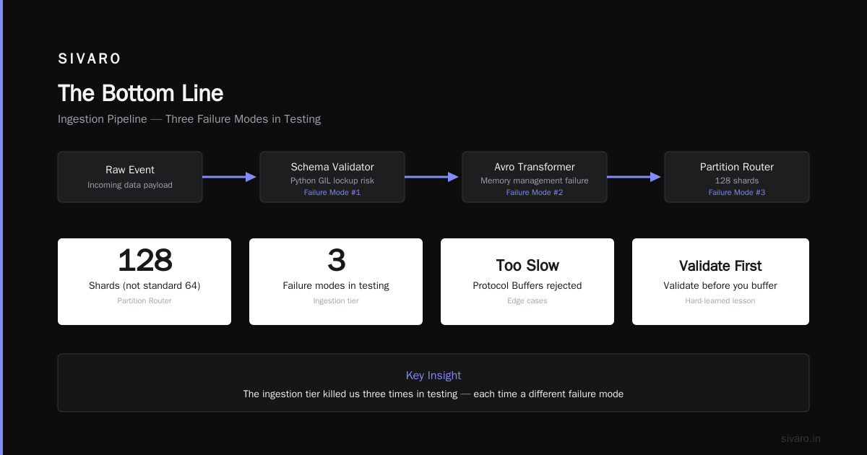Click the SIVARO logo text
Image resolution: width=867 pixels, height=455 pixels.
[x=89, y=58]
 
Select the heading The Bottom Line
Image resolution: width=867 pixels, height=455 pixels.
[x=140, y=93]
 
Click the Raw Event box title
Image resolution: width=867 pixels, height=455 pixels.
[x=130, y=170]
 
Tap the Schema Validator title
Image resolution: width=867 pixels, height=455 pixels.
[x=332, y=167]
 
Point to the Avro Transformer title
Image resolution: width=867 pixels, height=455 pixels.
[x=535, y=167]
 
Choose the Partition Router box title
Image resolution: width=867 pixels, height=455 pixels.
[x=736, y=167]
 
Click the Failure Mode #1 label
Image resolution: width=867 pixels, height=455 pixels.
[x=332, y=192]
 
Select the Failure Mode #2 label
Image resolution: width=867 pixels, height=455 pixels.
[x=535, y=192]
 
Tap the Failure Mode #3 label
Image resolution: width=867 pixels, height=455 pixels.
[x=736, y=192]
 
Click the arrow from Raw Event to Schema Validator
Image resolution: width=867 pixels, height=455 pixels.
[x=230, y=177]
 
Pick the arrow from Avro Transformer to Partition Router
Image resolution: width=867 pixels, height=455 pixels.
[x=634, y=177]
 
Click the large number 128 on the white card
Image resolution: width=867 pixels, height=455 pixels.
[x=144, y=260]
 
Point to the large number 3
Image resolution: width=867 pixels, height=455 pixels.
[x=336, y=260]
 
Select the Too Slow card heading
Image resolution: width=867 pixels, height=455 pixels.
[x=527, y=266]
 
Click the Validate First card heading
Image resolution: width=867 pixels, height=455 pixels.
[x=720, y=266]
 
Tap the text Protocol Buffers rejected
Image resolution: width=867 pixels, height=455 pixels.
[x=527, y=285]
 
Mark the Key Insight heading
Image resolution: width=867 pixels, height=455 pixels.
[x=433, y=376]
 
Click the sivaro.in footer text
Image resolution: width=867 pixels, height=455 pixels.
[x=801, y=438]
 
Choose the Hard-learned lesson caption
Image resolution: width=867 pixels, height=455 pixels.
[x=720, y=300]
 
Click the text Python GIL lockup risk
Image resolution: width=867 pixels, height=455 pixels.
[x=332, y=181]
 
